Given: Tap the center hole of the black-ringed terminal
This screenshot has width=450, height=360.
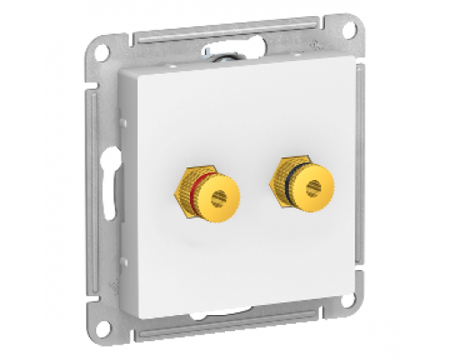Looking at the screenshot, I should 314,187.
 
